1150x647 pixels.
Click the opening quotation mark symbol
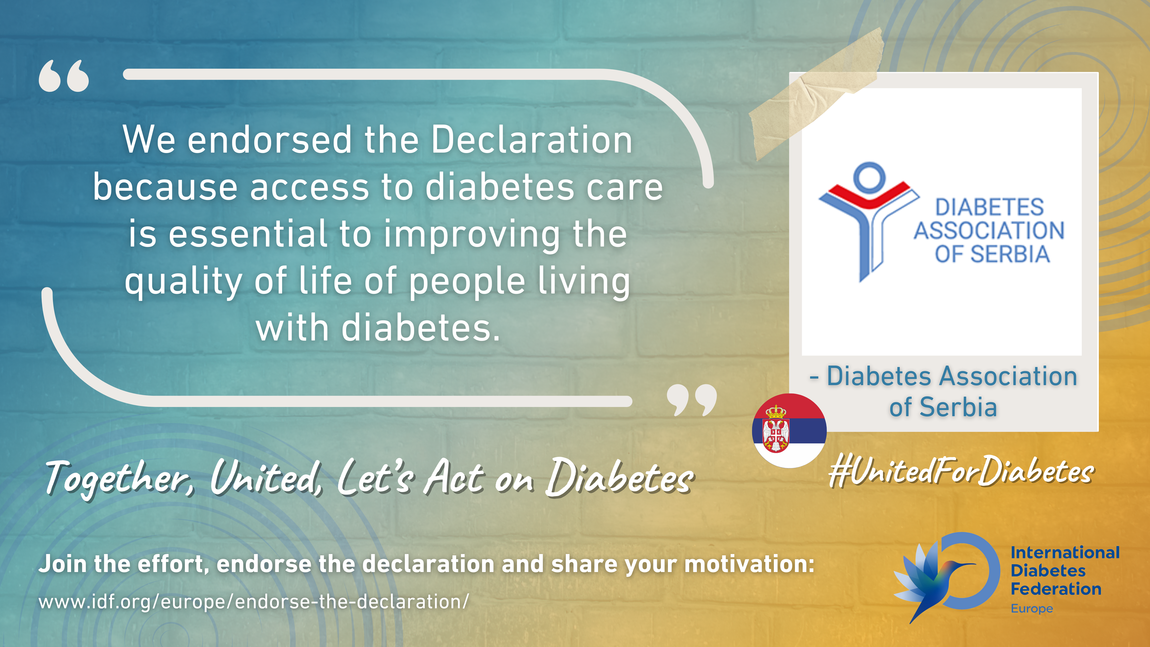(x=64, y=76)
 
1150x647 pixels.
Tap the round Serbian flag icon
(x=789, y=430)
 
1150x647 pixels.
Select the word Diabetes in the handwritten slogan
(x=620, y=477)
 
